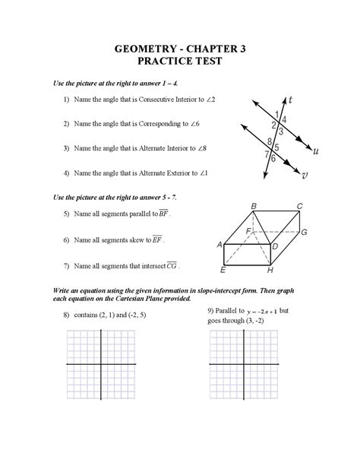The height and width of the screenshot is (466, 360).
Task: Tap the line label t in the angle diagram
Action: [x=290, y=99]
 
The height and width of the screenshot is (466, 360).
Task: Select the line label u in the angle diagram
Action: [x=315, y=151]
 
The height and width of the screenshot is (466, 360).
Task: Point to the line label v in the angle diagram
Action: [x=305, y=175]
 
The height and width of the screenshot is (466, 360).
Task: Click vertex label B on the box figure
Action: [x=254, y=205]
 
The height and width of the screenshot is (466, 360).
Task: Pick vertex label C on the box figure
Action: [x=299, y=205]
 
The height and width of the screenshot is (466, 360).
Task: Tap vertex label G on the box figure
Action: [x=304, y=231]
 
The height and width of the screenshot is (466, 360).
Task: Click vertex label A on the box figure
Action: [x=219, y=244]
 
